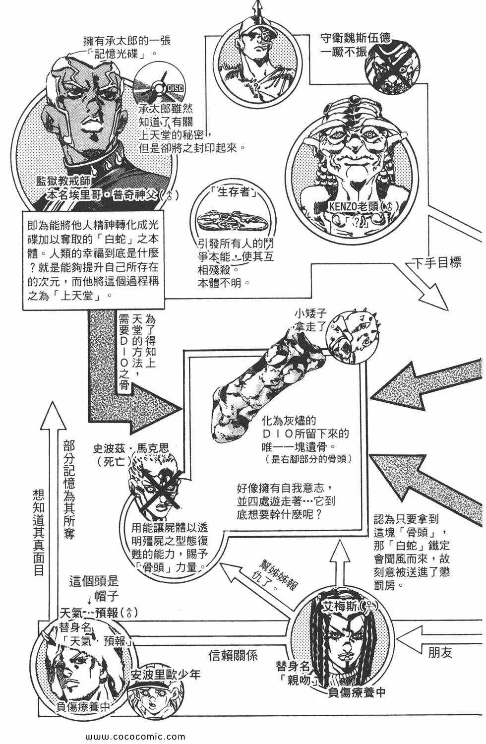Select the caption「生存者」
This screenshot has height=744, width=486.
235,192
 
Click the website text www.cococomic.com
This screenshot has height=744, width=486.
135,737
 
